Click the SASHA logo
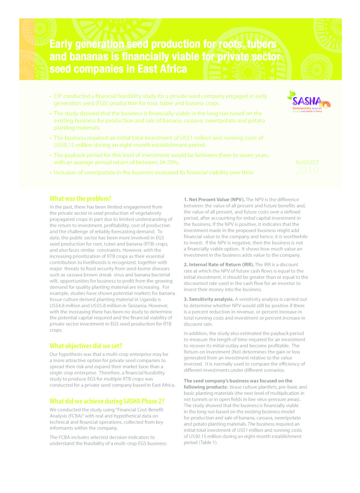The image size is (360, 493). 308,103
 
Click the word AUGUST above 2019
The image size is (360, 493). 307,162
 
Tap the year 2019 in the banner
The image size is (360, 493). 307,170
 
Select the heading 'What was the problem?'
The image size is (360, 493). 80,198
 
